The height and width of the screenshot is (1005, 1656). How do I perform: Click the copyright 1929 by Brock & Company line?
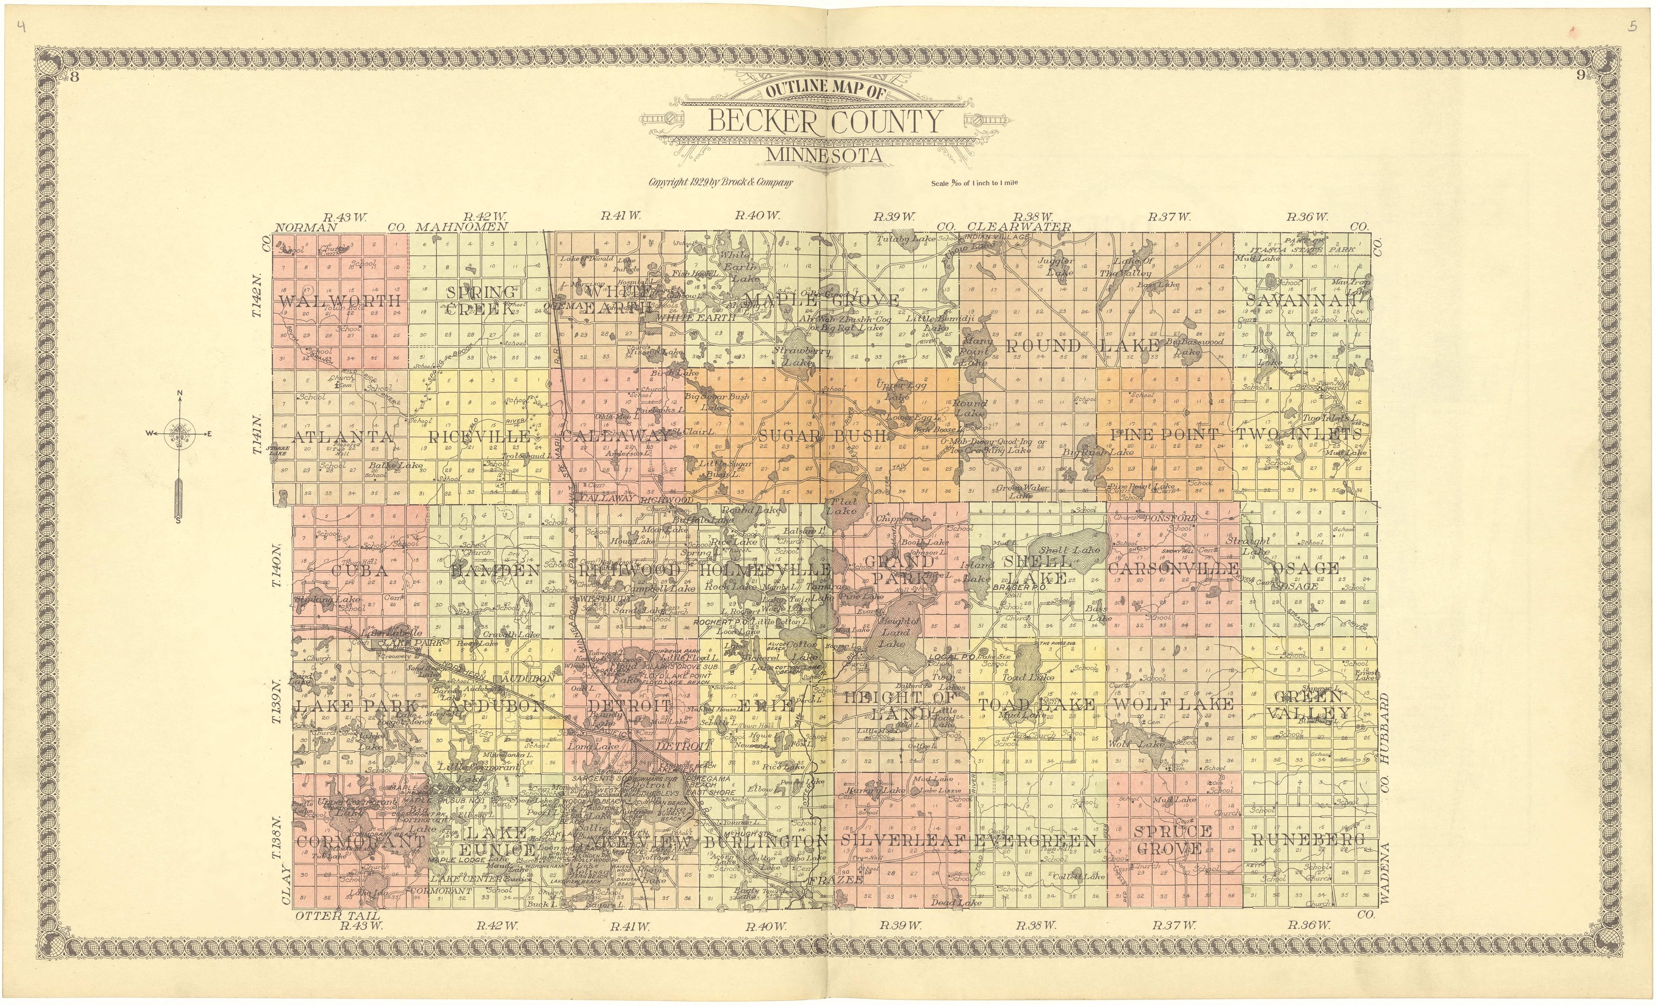point(720,182)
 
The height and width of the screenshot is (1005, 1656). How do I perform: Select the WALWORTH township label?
point(340,301)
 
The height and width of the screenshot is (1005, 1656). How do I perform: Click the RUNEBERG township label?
point(1308,840)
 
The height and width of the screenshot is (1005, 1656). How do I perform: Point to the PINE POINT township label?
point(1164,435)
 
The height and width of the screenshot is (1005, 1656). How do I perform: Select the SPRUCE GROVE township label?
point(1173,840)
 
